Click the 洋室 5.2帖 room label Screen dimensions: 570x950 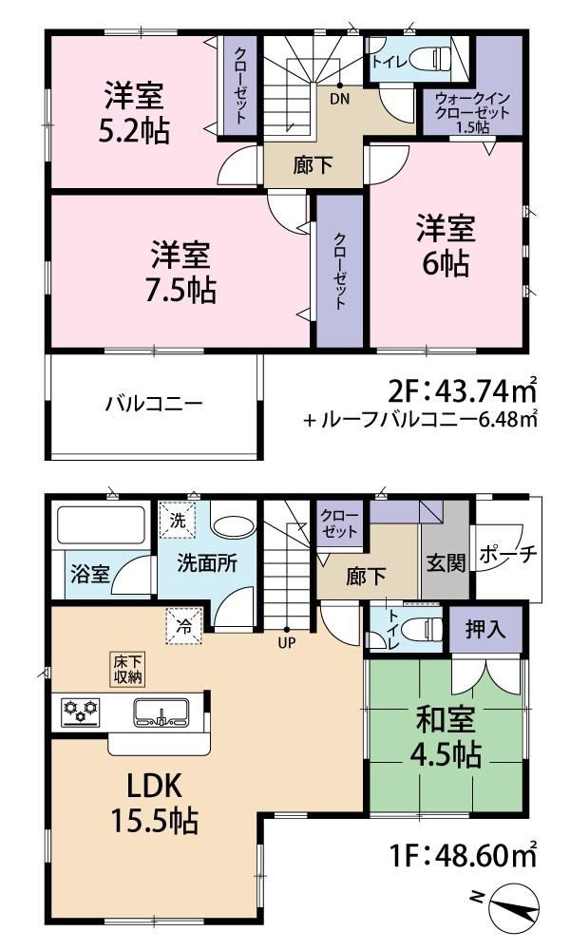(134, 113)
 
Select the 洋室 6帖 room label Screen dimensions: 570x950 (446, 246)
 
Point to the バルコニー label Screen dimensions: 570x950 (154, 404)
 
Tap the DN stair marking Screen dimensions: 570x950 (340, 99)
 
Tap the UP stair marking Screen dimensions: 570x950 (287, 642)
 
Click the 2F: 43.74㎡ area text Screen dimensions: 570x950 (463, 390)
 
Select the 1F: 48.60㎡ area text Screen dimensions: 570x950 (464, 857)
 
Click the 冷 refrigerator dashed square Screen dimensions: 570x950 (184, 626)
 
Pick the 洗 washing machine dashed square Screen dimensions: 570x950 (178, 520)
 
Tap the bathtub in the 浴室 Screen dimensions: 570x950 (101, 525)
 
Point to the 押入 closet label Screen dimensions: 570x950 (485, 629)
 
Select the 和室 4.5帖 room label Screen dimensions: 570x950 (446, 737)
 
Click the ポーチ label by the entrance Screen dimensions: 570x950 (508, 554)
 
